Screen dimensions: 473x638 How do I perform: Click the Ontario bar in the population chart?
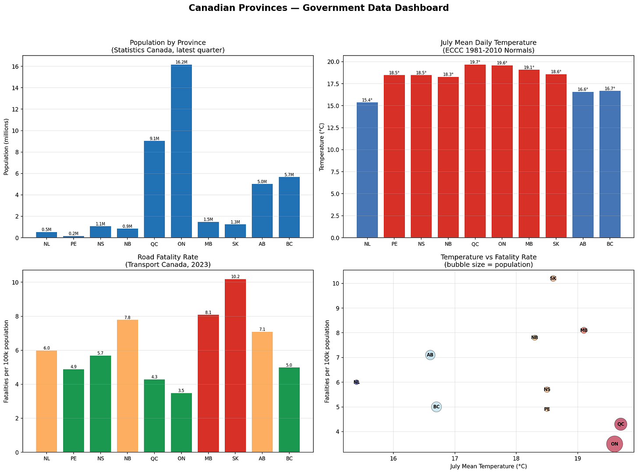tap(181, 151)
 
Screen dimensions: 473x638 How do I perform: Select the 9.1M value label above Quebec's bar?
tap(154, 138)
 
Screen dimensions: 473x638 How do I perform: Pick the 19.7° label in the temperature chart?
tap(475, 62)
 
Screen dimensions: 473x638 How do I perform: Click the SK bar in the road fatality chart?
tap(235, 366)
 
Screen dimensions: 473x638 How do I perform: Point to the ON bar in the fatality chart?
tap(181, 423)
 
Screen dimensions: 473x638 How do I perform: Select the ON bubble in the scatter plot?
tap(614, 444)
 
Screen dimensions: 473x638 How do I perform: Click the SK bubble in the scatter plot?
tap(553, 278)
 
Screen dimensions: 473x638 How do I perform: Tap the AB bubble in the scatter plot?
tap(430, 355)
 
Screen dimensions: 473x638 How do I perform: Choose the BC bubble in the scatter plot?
tap(436, 407)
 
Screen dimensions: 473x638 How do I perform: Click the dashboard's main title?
tap(319, 8)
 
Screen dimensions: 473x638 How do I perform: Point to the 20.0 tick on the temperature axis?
tap(333, 62)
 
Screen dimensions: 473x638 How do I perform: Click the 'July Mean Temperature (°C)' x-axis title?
tap(489, 466)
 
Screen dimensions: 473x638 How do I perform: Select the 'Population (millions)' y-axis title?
tap(6, 147)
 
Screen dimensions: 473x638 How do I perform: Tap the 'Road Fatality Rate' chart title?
tap(168, 257)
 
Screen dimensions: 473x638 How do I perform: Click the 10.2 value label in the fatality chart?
tap(235, 276)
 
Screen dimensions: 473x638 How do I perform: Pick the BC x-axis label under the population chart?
tap(289, 244)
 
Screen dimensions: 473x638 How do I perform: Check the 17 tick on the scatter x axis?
tap(455, 458)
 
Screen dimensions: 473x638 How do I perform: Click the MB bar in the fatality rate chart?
tap(208, 383)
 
